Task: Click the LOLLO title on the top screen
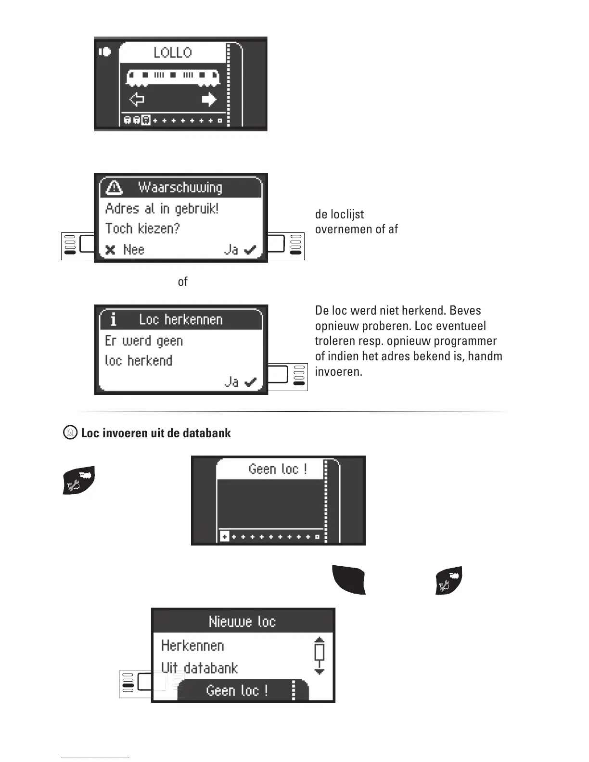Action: click(x=172, y=52)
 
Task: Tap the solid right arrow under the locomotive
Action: click(x=209, y=100)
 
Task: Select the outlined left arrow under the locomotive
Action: click(x=137, y=100)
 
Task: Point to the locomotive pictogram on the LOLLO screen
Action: click(x=173, y=76)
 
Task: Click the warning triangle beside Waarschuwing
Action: click(x=114, y=187)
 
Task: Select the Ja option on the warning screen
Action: click(x=240, y=250)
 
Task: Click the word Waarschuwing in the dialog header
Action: click(x=180, y=187)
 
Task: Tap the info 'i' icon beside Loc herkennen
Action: click(x=114, y=319)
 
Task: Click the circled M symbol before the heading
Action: click(x=70, y=432)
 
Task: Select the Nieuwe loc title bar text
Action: click(x=242, y=622)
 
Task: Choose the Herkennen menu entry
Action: click(x=192, y=646)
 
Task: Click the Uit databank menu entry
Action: click(x=199, y=668)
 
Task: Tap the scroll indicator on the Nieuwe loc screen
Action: click(x=319, y=656)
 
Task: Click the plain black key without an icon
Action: click(x=349, y=580)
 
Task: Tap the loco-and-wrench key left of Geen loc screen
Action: click(x=79, y=480)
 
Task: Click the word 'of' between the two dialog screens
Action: click(x=182, y=282)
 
